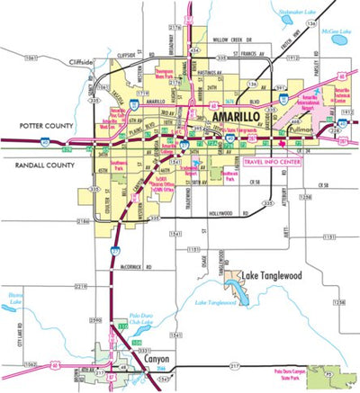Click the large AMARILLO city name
pos(239,118)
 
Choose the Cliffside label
pos(78,62)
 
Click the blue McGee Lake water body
pos(340,40)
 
